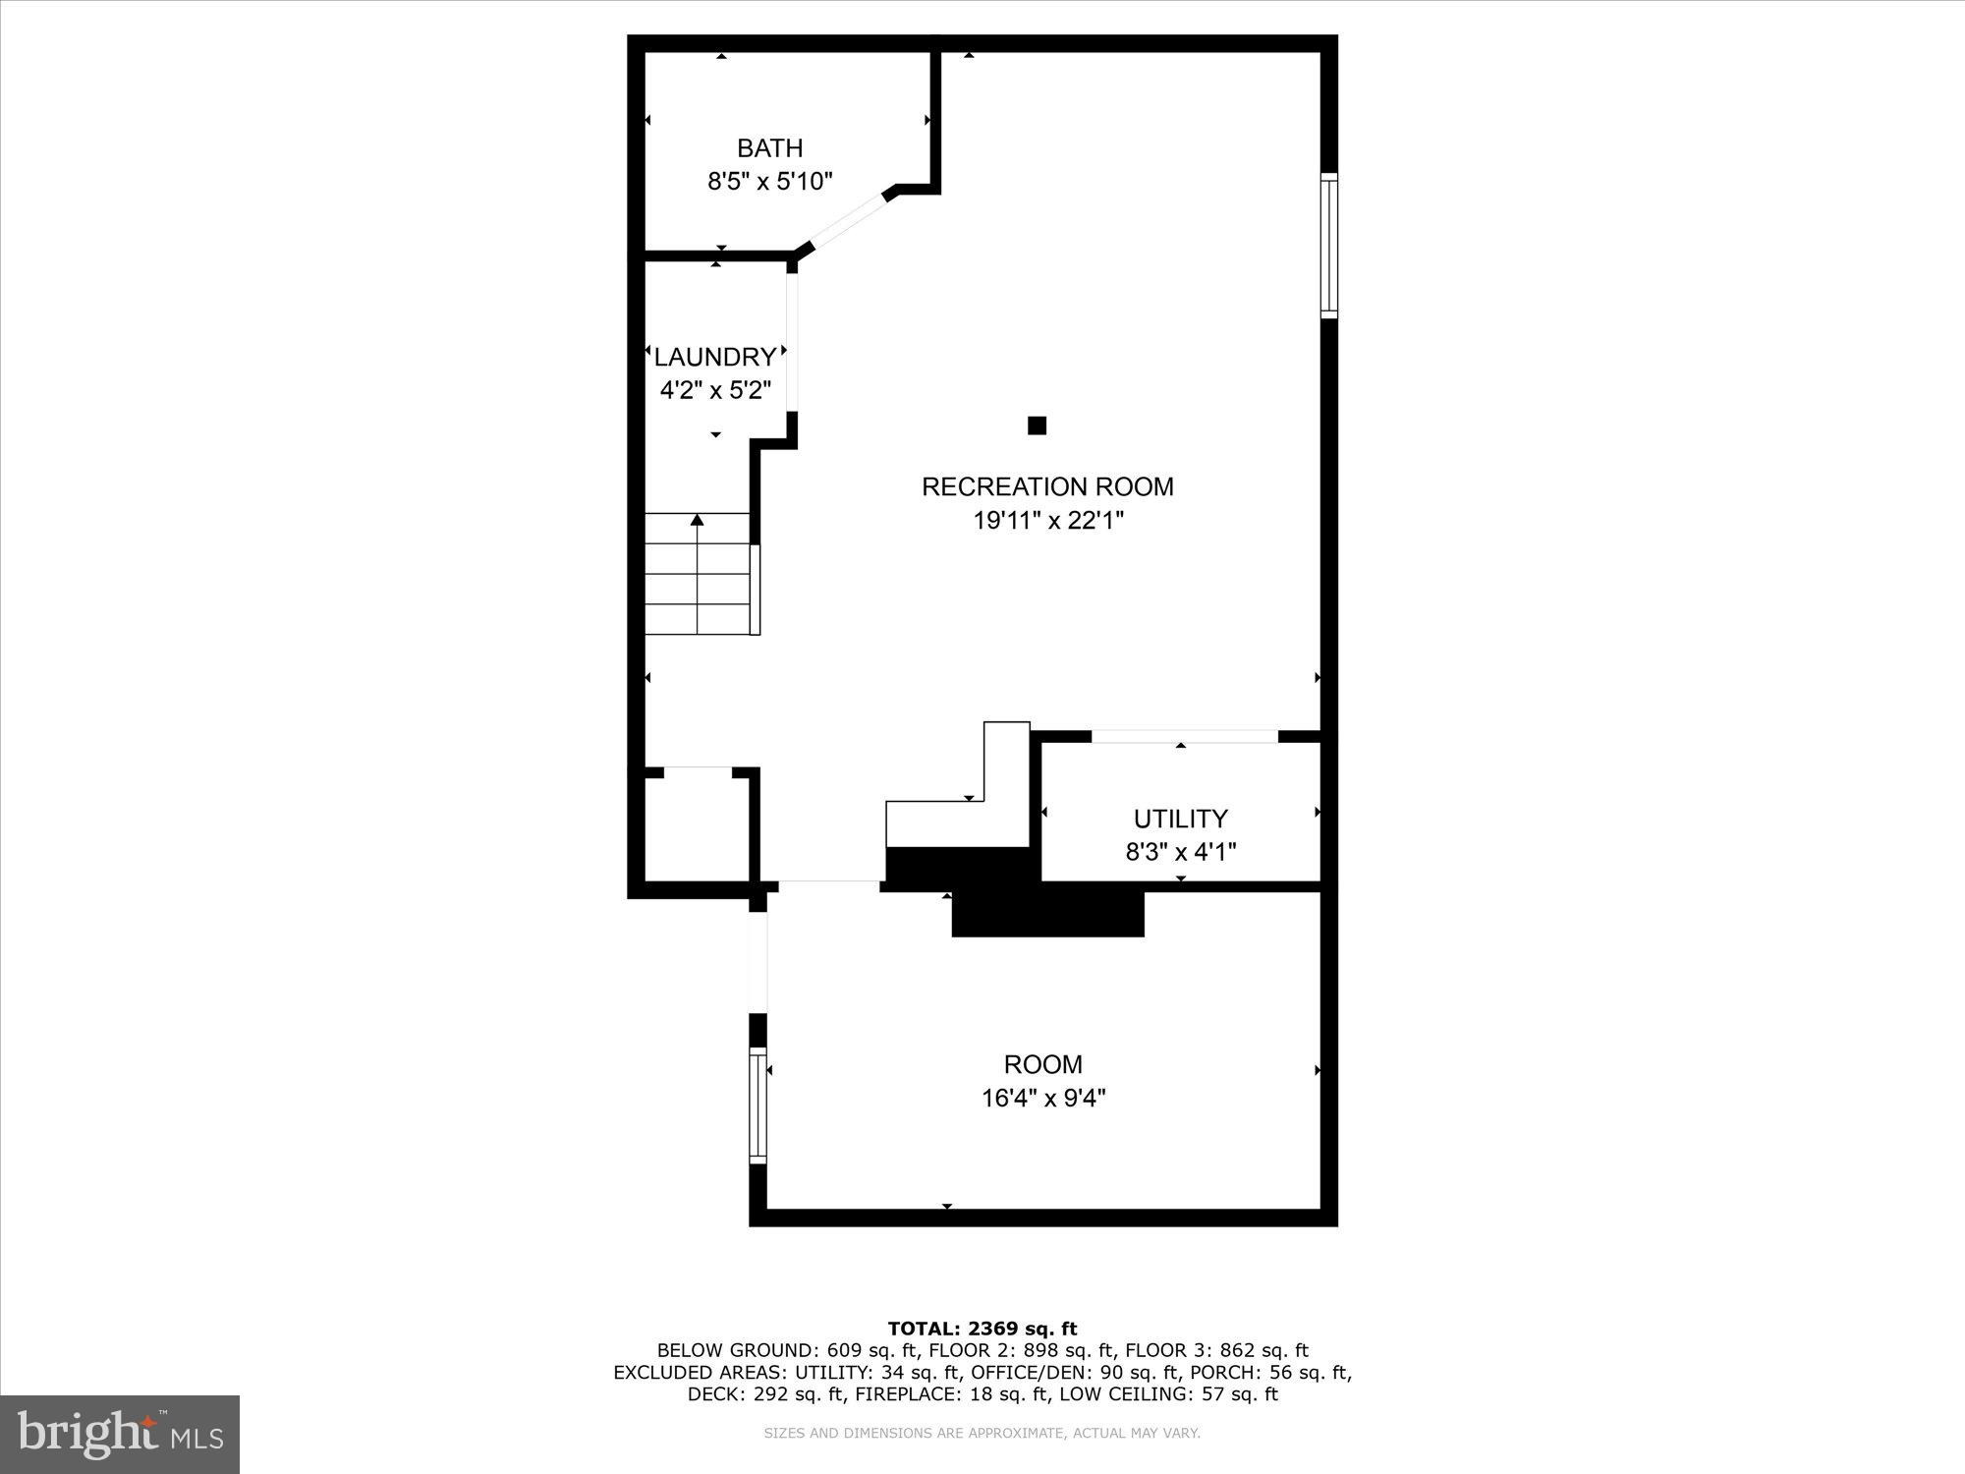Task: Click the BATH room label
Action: coord(769,148)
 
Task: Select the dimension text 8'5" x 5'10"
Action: coord(769,182)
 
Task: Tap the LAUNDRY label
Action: coord(714,357)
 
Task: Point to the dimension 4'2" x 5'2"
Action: coord(714,390)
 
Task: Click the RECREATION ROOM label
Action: coord(1047,486)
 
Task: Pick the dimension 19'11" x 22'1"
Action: coord(1047,520)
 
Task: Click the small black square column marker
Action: coord(1037,425)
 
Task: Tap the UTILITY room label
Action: coord(1180,819)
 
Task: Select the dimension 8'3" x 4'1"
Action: coord(1180,851)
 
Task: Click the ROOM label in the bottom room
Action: coord(1042,1064)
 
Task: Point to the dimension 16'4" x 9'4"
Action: coord(1042,1098)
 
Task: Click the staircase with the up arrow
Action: coord(698,575)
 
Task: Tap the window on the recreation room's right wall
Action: coord(1328,246)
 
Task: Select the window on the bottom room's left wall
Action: coord(758,1105)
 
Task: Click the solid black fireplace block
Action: coord(1047,909)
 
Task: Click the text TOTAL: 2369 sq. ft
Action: coord(982,1330)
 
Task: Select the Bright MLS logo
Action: coord(120,1434)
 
